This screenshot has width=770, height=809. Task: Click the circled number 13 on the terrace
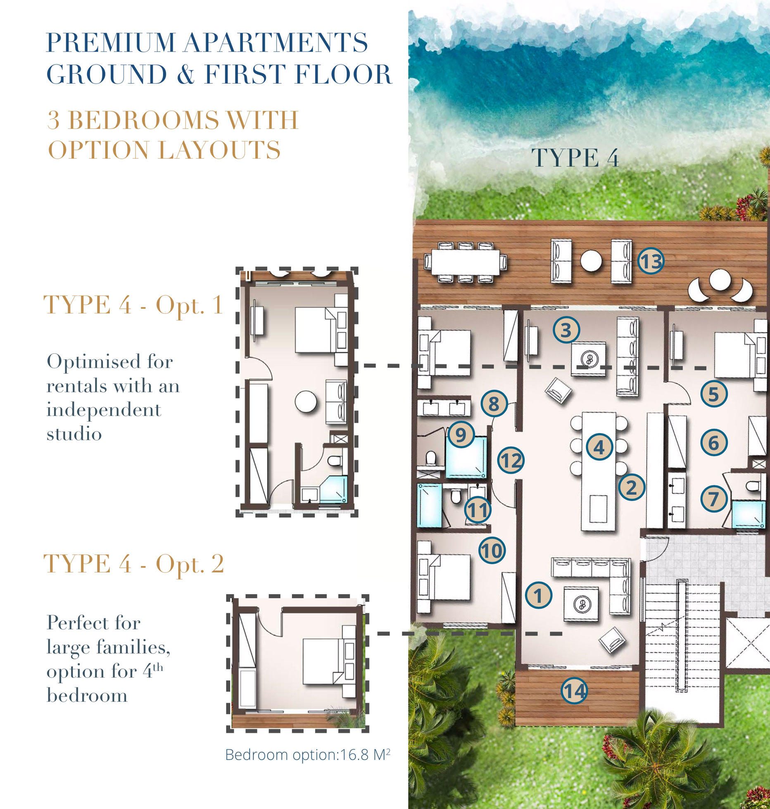[651, 262]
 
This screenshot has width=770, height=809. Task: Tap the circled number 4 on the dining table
[599, 447]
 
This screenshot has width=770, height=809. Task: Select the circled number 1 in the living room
[538, 596]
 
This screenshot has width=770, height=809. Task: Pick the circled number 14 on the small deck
[574, 690]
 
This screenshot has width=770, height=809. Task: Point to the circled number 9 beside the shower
[461, 434]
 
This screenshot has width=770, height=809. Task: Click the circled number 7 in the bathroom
[714, 499]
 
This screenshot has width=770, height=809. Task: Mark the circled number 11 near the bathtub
[478, 510]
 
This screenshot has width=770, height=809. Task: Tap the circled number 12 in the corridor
[511, 461]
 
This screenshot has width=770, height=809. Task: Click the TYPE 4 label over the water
[575, 158]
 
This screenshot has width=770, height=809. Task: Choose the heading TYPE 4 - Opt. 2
[133, 564]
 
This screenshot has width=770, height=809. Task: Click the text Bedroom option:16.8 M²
[307, 755]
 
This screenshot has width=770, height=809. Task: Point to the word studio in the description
[74, 434]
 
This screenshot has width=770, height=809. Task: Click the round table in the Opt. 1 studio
[306, 401]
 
